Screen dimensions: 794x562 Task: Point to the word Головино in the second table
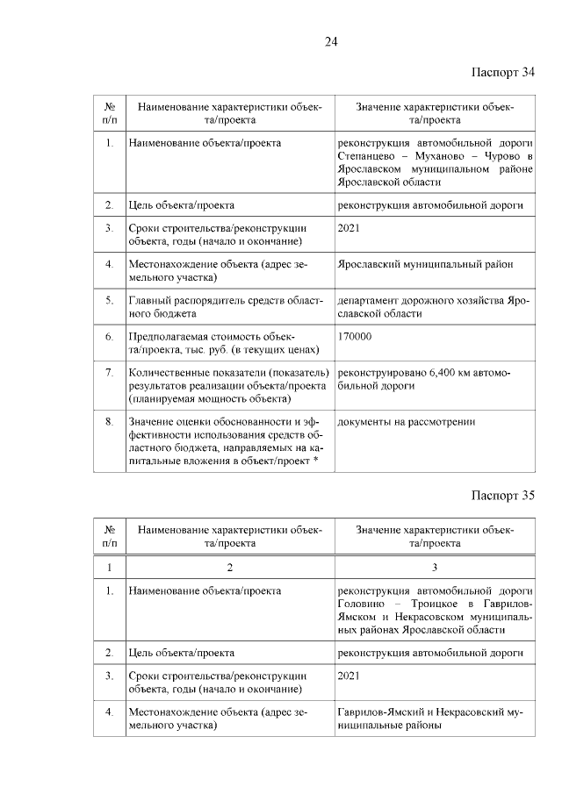(x=360, y=604)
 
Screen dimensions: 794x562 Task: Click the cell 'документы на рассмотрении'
(x=407, y=422)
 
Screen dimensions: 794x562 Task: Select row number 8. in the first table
(x=110, y=422)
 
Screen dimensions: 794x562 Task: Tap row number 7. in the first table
(x=110, y=373)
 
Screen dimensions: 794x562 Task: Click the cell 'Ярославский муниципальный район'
(x=425, y=264)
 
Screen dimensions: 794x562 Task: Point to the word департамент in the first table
(x=369, y=300)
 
